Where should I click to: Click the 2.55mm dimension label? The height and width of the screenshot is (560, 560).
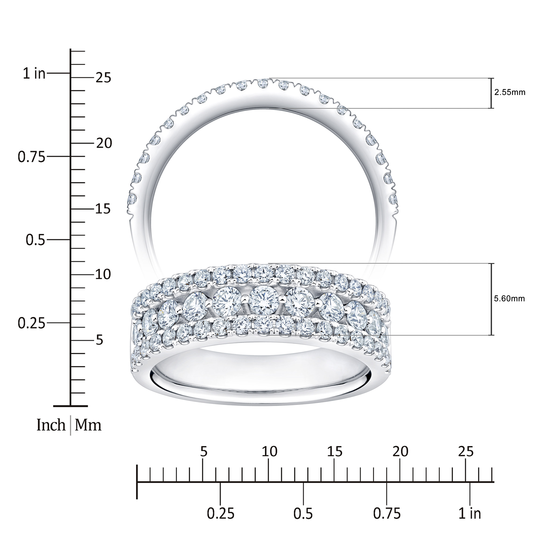510,93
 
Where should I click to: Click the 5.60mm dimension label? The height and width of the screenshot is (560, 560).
509,299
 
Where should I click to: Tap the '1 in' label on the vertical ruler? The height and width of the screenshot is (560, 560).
35,74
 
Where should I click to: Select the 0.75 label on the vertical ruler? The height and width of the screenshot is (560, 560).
31,157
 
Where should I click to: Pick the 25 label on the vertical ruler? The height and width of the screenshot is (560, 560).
103,78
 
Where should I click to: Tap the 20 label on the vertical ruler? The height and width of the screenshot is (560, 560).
104,143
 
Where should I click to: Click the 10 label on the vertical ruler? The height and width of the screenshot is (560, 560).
103,274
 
